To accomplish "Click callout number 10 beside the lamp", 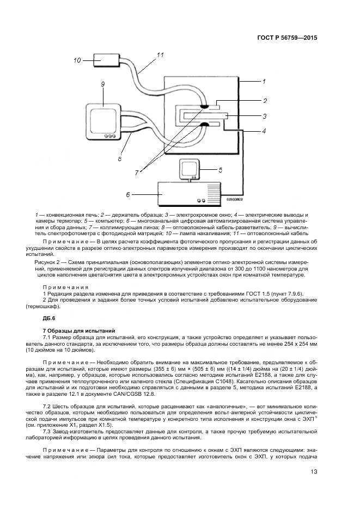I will coord(77,60).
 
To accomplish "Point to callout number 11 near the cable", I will coord(160,55).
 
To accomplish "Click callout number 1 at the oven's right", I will coord(263,82).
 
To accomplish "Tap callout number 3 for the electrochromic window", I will coord(264,116).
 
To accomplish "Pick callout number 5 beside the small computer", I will coord(220,170).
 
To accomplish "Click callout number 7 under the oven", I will coord(137,172).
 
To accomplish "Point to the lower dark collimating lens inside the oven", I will coord(205,125).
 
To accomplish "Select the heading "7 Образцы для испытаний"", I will coord(79,330).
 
